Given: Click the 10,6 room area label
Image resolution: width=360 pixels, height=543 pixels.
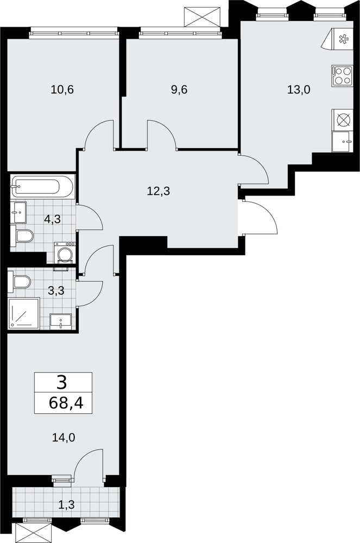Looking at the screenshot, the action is [62, 90].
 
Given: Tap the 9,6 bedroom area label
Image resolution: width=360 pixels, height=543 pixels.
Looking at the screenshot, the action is [179, 90].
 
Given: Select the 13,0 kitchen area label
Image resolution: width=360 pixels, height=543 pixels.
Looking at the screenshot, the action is [299, 90].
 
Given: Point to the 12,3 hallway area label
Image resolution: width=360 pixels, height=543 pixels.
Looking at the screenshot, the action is [159, 191].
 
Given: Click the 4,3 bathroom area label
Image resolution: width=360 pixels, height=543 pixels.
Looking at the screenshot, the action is [52, 219].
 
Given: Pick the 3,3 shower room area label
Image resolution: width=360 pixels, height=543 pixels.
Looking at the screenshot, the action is [56, 291].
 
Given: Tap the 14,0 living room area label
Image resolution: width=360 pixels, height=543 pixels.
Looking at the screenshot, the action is [64, 438].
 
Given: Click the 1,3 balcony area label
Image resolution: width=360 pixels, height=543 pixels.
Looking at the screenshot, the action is [66, 504].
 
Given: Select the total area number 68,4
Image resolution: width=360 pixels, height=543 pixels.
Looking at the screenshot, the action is [66, 403].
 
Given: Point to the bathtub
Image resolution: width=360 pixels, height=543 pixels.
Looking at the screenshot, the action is [42, 187].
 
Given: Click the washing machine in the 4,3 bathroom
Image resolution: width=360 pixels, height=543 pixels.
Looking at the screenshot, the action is [65, 254].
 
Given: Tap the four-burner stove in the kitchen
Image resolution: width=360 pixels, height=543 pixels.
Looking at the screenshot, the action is [342, 76].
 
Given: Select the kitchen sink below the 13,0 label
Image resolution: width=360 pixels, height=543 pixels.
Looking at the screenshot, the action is [342, 141].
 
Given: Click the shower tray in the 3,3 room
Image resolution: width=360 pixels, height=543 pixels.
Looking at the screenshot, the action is [24, 313].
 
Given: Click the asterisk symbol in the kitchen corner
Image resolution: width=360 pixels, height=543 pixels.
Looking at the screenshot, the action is [343, 39].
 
